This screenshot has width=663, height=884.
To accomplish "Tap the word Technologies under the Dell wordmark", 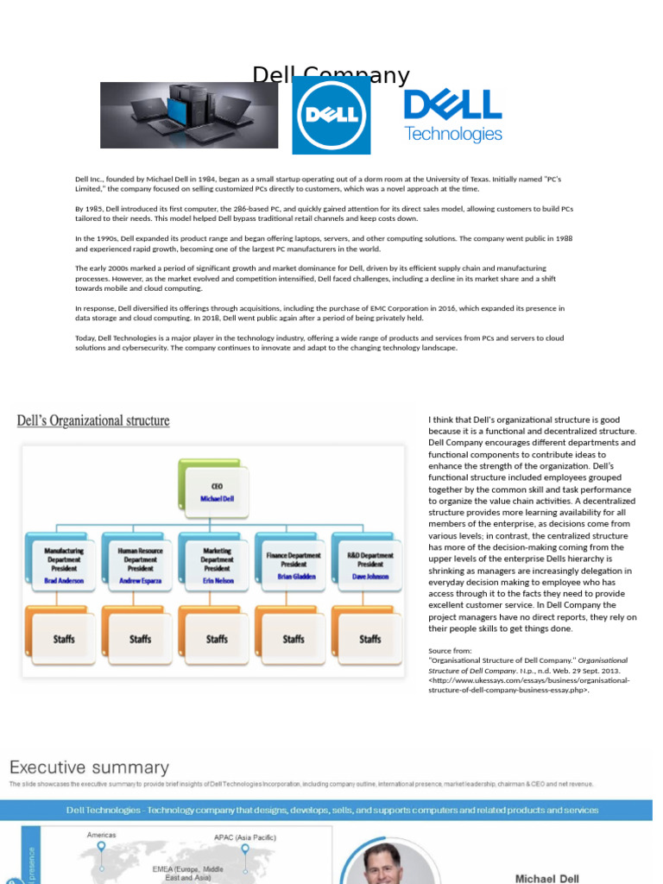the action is tap(453, 134).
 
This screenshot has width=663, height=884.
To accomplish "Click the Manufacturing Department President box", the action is tap(65, 565).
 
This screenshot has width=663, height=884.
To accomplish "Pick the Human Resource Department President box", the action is tap(141, 565).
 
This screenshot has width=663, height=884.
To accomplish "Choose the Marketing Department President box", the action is tap(217, 565).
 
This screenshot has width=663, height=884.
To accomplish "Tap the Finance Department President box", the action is tap(294, 565).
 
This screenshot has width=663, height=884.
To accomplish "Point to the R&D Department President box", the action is tap(370, 565).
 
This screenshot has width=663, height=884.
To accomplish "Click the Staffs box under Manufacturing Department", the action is tap(65, 639).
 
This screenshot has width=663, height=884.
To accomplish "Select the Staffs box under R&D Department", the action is tap(370, 639).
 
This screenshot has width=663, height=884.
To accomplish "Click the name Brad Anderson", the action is tap(65, 581).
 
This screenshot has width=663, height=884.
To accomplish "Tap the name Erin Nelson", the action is tap(217, 581).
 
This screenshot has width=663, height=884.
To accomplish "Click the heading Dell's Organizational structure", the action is tap(93, 421).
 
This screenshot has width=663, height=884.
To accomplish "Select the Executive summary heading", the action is tap(89, 767).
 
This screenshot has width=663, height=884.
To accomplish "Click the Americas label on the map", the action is tap(101, 835).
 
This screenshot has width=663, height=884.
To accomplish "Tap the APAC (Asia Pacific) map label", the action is tap(246, 837).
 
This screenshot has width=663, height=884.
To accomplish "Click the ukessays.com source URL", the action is tap(529, 685).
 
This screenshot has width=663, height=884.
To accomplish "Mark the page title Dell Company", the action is tap(331, 76).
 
